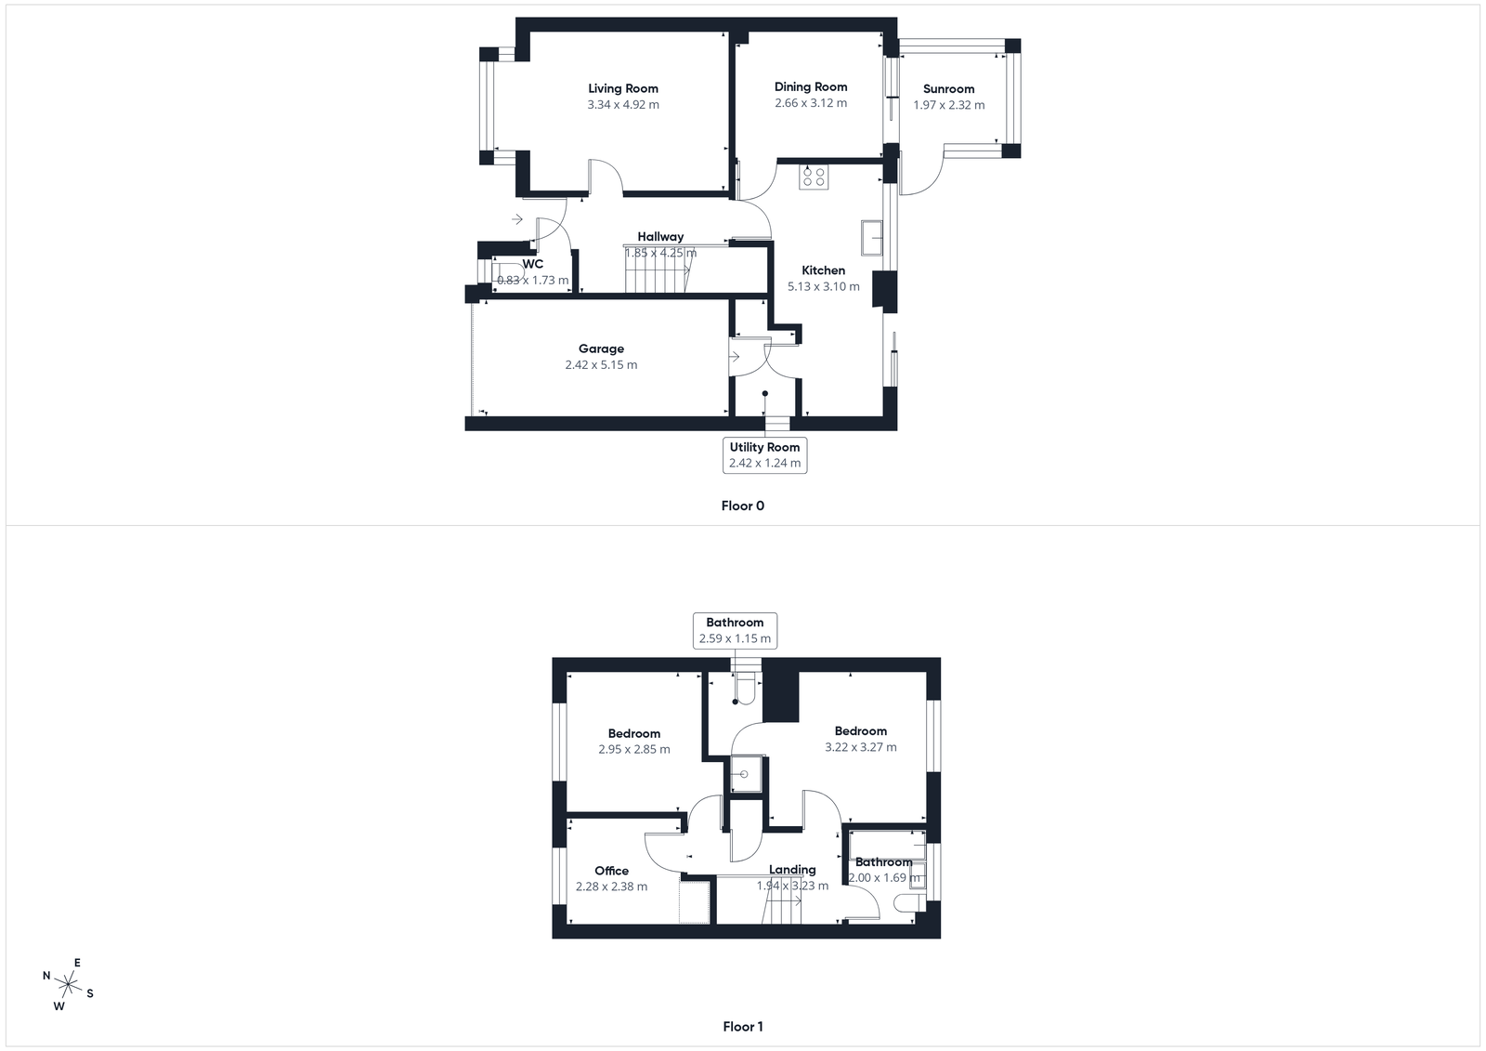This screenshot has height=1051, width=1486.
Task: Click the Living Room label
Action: pos(622,89)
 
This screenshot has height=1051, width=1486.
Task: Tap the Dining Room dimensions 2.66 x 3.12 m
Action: pos(811,103)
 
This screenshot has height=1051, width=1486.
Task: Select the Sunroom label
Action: pos(948,89)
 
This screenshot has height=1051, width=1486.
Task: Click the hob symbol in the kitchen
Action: pos(815,177)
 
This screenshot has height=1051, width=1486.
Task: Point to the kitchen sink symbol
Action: pos(872,237)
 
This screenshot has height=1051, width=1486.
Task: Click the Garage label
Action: pos(601,349)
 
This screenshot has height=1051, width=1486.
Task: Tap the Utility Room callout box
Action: pos(764,454)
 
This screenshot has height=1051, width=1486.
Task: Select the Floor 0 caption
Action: pos(742,506)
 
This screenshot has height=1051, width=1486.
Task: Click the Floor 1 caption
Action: pos(742,1027)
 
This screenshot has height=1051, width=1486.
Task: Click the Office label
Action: pos(611,871)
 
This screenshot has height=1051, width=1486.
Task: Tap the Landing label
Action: pos(792,870)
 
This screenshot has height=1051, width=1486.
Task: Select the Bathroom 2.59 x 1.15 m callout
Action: pos(735,630)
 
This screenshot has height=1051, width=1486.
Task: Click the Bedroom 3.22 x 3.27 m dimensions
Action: pos(861,747)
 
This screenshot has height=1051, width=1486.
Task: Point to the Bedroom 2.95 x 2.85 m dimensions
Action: pos(634,749)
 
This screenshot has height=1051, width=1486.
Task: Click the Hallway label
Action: pos(660,237)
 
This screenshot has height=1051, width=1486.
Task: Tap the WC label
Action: pos(533,264)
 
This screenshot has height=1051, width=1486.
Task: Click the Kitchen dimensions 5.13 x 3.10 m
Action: pos(824,286)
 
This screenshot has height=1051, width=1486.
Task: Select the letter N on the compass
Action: pos(46,976)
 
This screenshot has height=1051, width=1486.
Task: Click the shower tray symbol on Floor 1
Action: pos(744,773)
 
